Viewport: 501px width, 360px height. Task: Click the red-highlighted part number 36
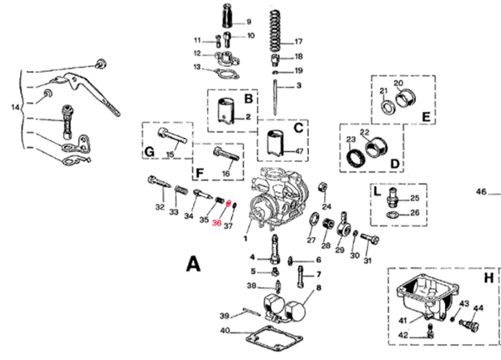(217, 224)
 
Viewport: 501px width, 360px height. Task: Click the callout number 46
(481, 192)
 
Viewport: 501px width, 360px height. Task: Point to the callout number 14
(14, 108)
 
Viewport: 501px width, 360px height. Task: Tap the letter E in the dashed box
(426, 117)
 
